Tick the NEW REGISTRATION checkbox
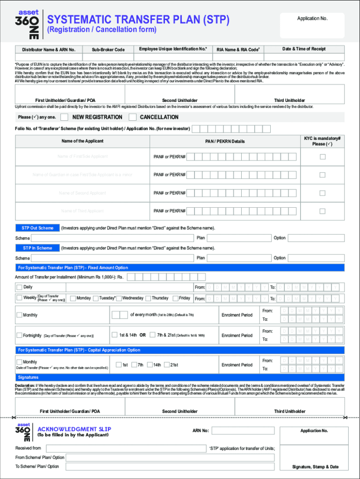(x=65, y=117)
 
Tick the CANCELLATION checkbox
(x=132, y=117)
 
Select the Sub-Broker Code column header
(x=108, y=50)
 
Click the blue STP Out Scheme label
(x=37, y=228)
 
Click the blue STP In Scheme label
(x=37, y=248)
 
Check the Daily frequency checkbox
(x=19, y=287)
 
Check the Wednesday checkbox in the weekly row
(x=119, y=298)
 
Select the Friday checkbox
(x=175, y=298)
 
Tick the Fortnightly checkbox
(x=19, y=335)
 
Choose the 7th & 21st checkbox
(x=152, y=335)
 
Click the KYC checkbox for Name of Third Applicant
(x=322, y=211)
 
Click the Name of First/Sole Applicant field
(x=82, y=156)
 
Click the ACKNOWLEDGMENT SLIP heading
(x=74, y=429)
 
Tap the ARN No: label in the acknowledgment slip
(x=201, y=430)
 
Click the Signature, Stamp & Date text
(x=315, y=467)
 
